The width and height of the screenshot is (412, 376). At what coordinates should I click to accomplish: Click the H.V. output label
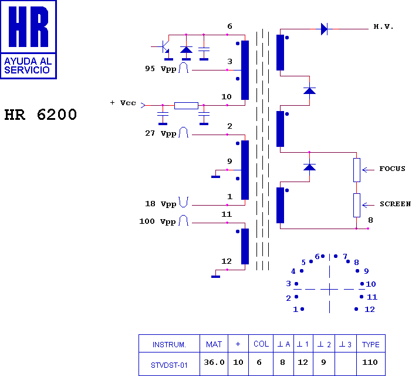coord(383,26)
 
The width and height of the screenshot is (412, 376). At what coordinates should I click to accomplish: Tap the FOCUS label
coord(392,169)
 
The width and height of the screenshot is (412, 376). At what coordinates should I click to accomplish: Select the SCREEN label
coord(395,204)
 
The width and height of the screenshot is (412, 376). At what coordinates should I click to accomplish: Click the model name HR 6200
coord(40,115)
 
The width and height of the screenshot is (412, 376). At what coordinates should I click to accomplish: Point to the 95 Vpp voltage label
coord(161,69)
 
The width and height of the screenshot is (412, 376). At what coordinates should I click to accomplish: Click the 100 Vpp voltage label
coord(157,221)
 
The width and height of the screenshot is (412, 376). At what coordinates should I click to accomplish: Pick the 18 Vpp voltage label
coord(161,204)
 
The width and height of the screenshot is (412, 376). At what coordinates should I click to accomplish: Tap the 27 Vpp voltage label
coord(161,133)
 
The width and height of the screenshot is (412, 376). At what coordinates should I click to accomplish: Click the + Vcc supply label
coord(123,103)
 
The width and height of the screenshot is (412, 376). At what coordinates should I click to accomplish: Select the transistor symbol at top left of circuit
coord(163,48)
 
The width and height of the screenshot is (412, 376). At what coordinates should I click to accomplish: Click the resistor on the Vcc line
coord(186,106)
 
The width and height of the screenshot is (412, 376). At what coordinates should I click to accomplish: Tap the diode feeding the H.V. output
coord(324,29)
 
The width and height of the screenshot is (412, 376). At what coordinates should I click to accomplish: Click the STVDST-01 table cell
coord(169,365)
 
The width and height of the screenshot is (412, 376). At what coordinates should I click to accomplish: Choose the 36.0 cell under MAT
coord(214,362)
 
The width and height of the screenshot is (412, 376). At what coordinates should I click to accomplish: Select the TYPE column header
coord(371,344)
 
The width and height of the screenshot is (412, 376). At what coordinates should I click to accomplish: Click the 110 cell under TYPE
coord(370,362)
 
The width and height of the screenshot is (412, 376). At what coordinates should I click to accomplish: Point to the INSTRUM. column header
coord(169,345)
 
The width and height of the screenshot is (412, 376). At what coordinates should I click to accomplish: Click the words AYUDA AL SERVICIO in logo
coord(28,65)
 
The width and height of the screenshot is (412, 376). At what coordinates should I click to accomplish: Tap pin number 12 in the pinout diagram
coord(370,310)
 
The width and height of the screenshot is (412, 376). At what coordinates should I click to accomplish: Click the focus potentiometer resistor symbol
coord(357,170)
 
